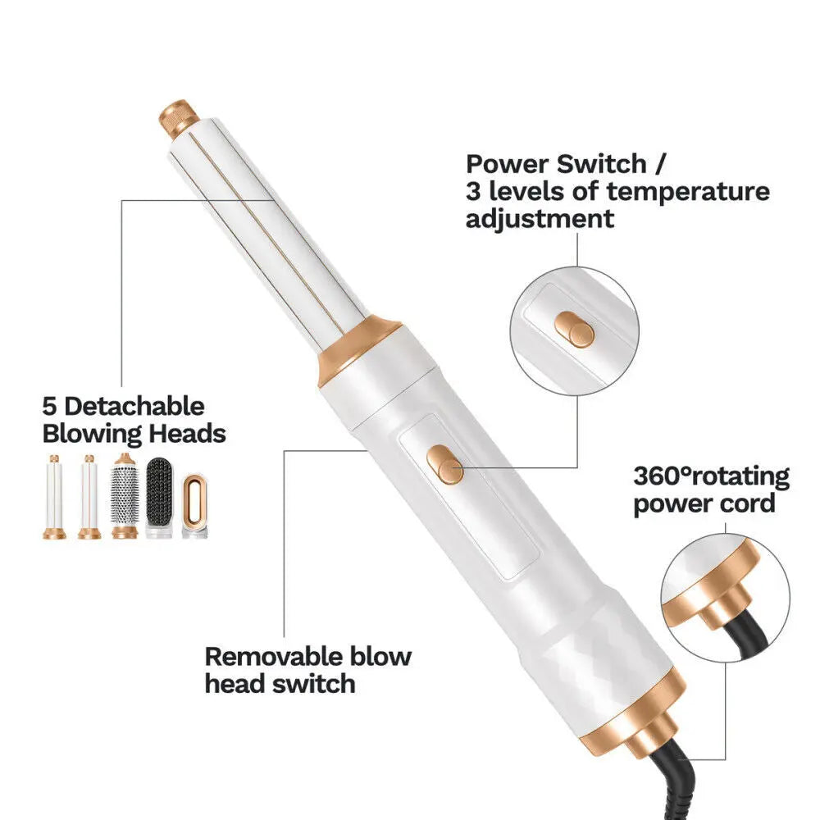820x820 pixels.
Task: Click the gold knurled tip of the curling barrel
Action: click(179, 118)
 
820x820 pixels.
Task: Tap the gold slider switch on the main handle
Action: click(445, 464)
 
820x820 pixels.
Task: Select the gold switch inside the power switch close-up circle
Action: click(574, 330)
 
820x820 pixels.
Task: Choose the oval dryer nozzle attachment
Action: click(194, 505)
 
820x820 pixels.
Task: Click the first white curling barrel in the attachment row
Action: click(54, 497)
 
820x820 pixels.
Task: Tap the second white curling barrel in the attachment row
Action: click(89, 497)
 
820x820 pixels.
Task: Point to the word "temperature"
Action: click(688, 191)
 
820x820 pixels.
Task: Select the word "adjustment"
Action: click(540, 219)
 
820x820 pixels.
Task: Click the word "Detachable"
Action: click(134, 407)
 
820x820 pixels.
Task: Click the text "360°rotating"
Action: click(711, 476)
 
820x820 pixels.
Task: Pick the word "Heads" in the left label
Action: click(187, 434)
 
